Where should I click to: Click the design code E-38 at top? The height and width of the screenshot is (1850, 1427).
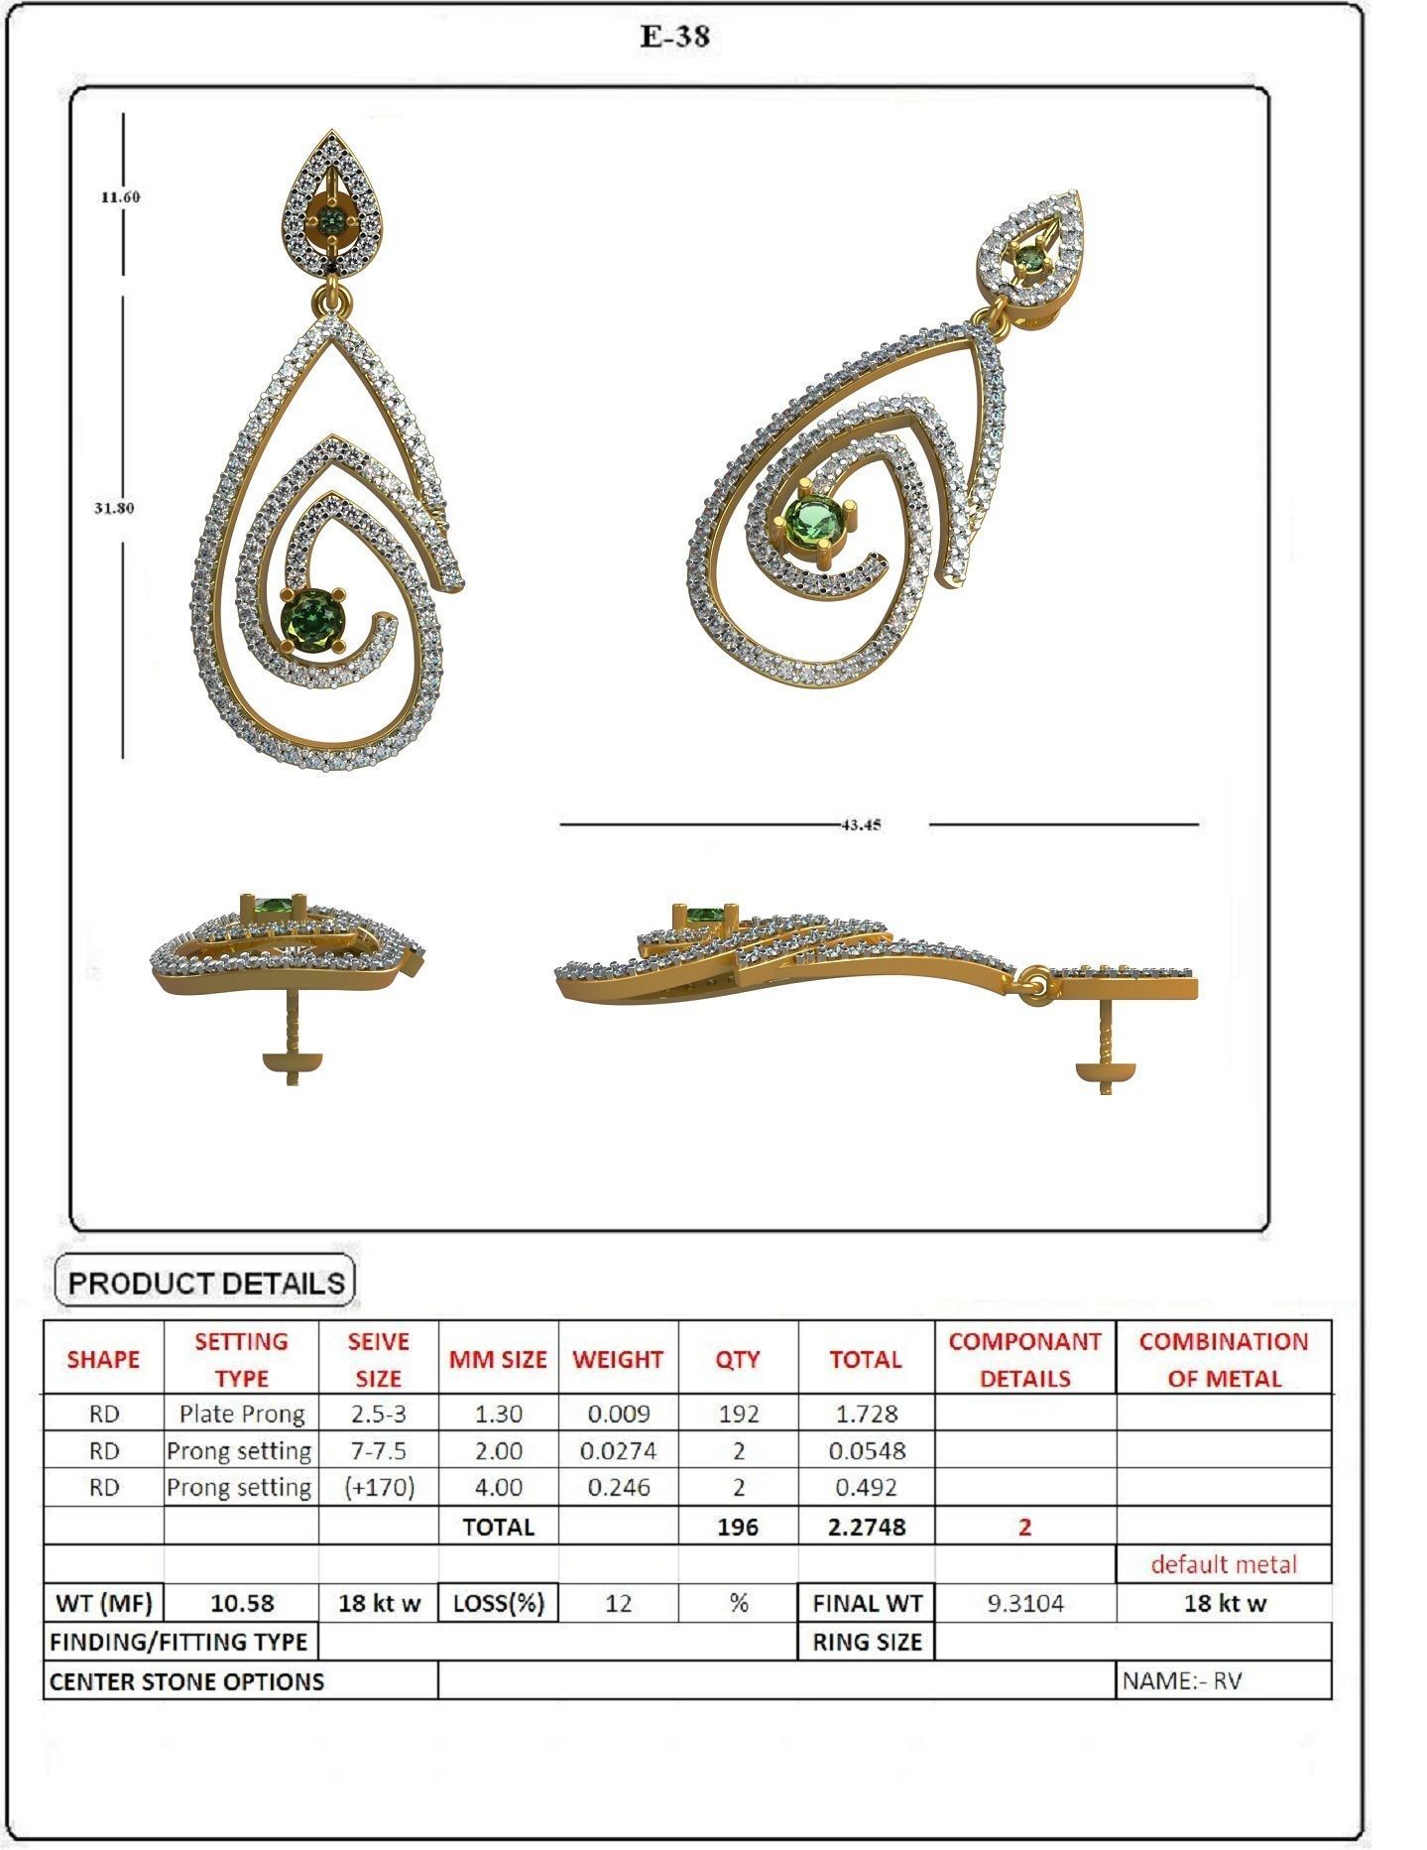675,37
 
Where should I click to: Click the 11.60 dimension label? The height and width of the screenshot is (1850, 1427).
120,196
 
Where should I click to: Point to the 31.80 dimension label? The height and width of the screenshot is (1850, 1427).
114,508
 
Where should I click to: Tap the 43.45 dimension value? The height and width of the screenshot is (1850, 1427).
860,824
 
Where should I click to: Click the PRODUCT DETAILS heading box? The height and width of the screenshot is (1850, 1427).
205,1282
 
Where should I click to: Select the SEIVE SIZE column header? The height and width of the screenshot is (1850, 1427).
378,1359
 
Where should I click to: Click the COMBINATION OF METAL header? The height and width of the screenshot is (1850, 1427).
1223,1359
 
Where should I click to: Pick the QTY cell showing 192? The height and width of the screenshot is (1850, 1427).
738,1414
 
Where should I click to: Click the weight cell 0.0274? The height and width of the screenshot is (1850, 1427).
618,1450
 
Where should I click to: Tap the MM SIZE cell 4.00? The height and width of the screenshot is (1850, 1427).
498,1487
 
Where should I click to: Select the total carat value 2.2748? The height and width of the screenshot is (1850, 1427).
866,1527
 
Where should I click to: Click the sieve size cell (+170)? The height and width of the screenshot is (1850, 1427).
378,1487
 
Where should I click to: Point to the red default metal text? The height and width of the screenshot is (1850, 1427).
1223,1564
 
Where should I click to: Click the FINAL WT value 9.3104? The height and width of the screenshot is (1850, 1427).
1024,1603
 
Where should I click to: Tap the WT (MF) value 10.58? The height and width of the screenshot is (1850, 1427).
242,1603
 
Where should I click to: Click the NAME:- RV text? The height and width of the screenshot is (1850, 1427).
1181,1680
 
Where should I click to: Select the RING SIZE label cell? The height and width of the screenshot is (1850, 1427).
867,1642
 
